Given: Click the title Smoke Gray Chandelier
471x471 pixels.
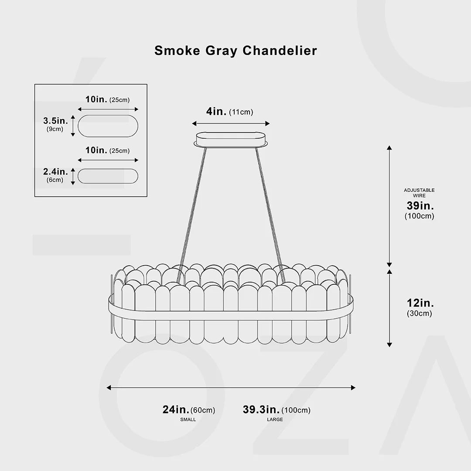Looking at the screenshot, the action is pos(235,51).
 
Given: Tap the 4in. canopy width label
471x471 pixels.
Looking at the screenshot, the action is pos(229,112).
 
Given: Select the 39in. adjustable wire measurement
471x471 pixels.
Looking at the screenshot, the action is pos(420,210).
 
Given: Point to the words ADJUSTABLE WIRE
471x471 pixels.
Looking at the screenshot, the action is pos(419,193).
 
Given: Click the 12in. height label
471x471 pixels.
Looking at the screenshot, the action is pos(420,307).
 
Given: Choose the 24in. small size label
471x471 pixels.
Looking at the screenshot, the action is pos(189,410).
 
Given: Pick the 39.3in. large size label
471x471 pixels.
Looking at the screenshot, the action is pos(276,410).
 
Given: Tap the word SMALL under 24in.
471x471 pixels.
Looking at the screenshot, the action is pos(188,420).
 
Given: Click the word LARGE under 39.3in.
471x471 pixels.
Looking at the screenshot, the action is pos(275,420).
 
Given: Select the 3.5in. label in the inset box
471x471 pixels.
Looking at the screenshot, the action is pos(55,124).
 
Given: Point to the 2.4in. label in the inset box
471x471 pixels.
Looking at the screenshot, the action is pos(55,175).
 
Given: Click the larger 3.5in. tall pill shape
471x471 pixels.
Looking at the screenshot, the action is pos(108,115).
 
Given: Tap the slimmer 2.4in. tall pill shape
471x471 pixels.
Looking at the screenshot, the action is pos(108,169).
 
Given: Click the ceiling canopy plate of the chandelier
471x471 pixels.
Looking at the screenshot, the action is pos(231,140).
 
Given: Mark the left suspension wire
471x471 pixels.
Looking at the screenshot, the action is pos(192,215).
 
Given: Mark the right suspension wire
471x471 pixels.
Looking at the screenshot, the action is pos(270,215).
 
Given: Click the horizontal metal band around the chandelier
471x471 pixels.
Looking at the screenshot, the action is pos(231,315).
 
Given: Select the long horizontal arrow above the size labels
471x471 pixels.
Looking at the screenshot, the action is pos(231,388).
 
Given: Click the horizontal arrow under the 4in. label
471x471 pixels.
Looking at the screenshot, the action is pos(231,123).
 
